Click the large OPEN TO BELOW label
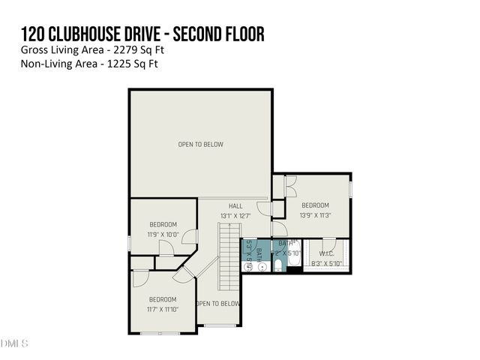coord(200,144)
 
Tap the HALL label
coord(235,205)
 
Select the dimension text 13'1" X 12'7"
coord(235,216)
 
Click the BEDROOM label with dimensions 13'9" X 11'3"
coord(315,205)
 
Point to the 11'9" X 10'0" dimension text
coord(162,235)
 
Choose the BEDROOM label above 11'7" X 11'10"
coord(162,299)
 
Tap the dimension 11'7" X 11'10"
coord(162,309)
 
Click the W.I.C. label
coord(327,253)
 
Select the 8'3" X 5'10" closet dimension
coord(326,263)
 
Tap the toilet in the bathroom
coord(277,265)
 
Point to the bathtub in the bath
coord(294,255)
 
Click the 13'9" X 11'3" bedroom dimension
coord(315,215)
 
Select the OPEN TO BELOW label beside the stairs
coord(218,304)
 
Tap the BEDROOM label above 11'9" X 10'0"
coord(162,225)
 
